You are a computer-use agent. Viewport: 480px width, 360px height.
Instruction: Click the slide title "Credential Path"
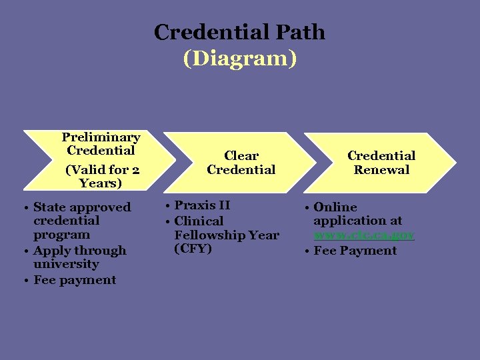239,32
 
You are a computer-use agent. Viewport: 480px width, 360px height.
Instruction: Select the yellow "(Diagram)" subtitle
239,59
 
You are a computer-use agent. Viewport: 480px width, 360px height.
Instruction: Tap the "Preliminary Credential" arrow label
101,144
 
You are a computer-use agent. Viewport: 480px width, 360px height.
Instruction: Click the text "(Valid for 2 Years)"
101,176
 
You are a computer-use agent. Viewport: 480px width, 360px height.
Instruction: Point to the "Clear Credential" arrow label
241,163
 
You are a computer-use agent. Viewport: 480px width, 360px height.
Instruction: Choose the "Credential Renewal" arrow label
381,163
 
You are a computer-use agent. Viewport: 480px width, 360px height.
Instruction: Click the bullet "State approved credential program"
81,221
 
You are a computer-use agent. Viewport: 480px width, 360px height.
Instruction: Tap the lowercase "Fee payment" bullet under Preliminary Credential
75,280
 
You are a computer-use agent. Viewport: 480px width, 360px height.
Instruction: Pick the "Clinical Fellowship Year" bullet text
225,228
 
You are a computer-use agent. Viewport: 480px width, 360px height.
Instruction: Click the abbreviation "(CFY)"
193,249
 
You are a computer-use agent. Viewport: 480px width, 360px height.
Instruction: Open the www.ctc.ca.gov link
364,235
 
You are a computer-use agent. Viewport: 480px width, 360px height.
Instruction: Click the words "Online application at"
357,214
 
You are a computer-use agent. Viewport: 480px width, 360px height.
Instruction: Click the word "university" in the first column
66,265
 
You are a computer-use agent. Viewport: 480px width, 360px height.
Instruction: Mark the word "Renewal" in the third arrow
381,170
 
